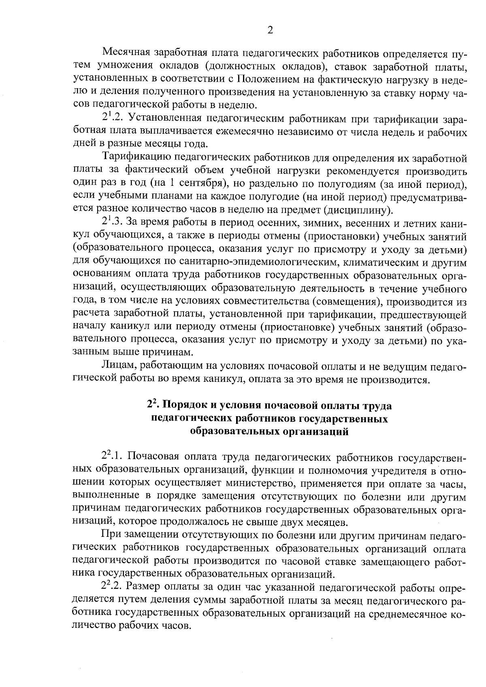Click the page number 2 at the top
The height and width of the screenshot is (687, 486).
coord(270,30)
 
